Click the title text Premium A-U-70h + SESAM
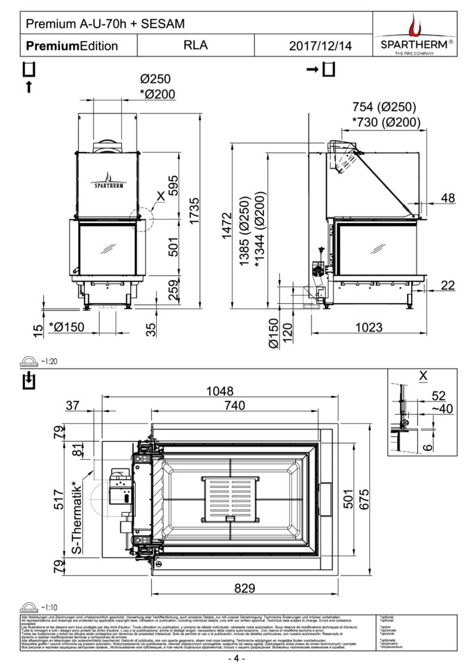[x=105, y=24]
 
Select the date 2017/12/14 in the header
[x=320, y=46]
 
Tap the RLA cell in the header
[x=196, y=45]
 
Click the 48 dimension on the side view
[x=448, y=198]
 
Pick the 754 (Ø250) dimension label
[x=384, y=107]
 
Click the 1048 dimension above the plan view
[x=219, y=392]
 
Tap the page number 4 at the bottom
[x=236, y=659]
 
